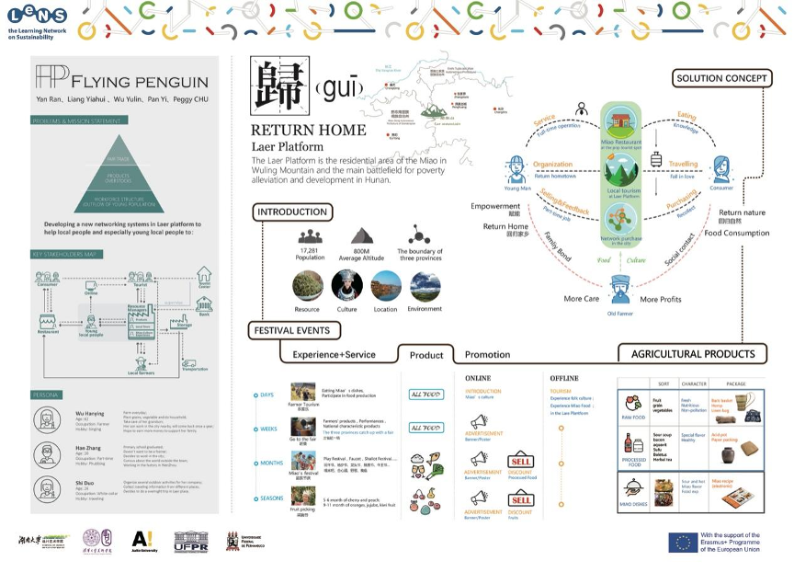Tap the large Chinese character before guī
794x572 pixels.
click(279, 88)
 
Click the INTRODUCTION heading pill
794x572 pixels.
click(292, 212)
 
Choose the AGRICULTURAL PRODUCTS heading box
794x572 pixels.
click(692, 354)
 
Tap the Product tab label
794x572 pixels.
click(426, 355)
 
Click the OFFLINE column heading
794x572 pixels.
click(563, 378)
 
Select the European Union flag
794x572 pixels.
click(682, 542)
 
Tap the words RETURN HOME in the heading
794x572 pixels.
click(309, 131)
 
